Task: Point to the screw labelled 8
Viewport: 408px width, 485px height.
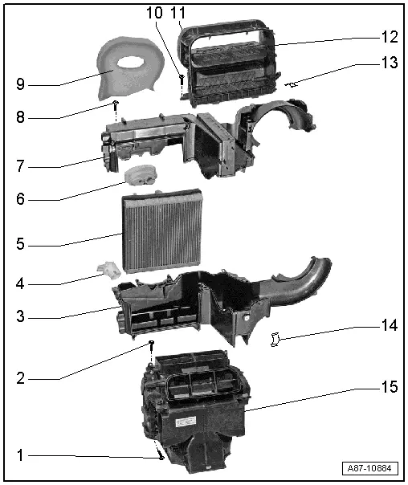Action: [116, 104]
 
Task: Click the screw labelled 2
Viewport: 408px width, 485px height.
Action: [150, 344]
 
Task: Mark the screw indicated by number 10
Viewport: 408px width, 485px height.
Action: [182, 79]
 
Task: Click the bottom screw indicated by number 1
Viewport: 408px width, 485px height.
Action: [161, 457]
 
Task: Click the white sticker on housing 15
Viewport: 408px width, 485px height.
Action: [191, 421]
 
